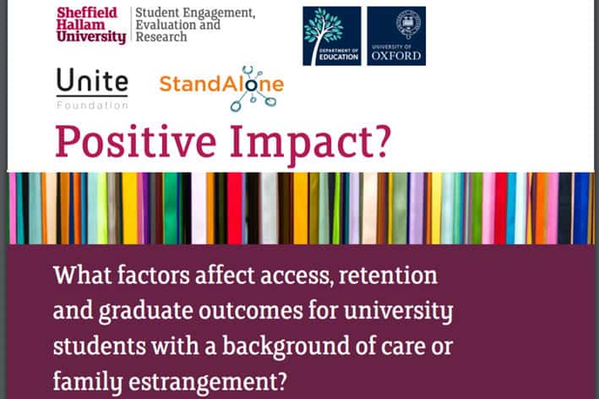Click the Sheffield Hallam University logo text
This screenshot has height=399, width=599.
(x=91, y=25)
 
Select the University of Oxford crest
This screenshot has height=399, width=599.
(x=408, y=24)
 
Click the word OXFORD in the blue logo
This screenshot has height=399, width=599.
(x=396, y=56)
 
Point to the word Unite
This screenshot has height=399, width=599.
(x=92, y=80)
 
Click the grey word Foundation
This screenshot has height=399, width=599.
(x=92, y=105)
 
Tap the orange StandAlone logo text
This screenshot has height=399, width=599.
(x=221, y=84)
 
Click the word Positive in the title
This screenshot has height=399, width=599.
(x=136, y=142)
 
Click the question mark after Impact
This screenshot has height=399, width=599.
(x=379, y=139)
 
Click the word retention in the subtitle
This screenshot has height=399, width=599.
(x=388, y=276)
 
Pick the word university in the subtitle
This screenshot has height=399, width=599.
(x=399, y=311)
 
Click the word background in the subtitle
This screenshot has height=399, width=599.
(x=286, y=347)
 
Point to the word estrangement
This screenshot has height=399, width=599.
(x=208, y=382)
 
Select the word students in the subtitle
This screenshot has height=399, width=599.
(x=100, y=346)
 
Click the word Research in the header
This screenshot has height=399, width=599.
(x=161, y=37)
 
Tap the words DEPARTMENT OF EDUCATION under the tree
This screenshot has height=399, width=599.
(x=339, y=54)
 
